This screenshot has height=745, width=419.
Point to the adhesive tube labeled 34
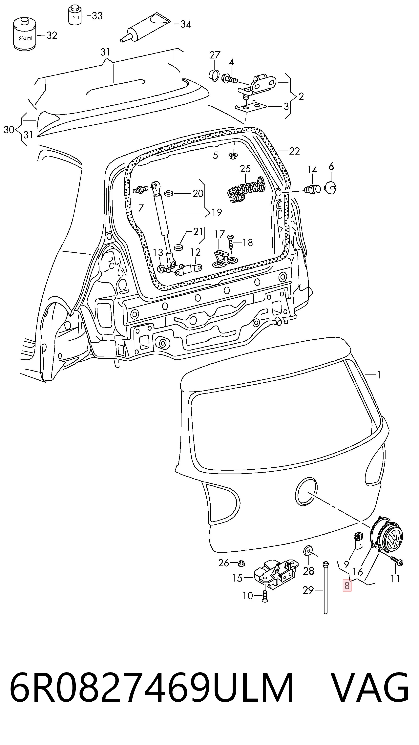click(x=145, y=28)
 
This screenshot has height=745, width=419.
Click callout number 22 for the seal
click(x=294, y=151)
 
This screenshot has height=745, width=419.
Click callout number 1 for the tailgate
click(x=379, y=375)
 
